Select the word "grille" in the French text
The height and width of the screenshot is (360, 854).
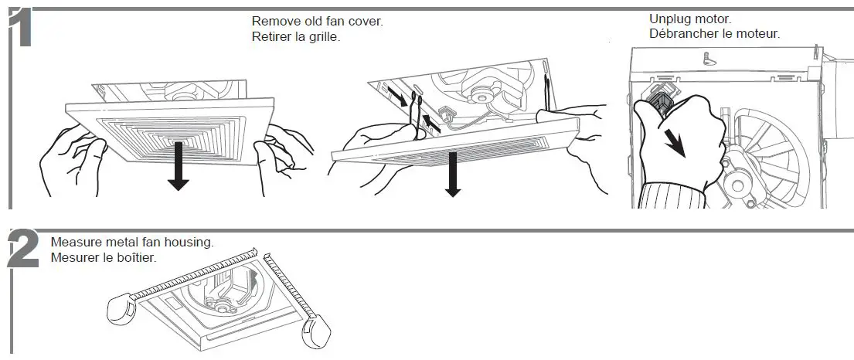click(322, 36)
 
